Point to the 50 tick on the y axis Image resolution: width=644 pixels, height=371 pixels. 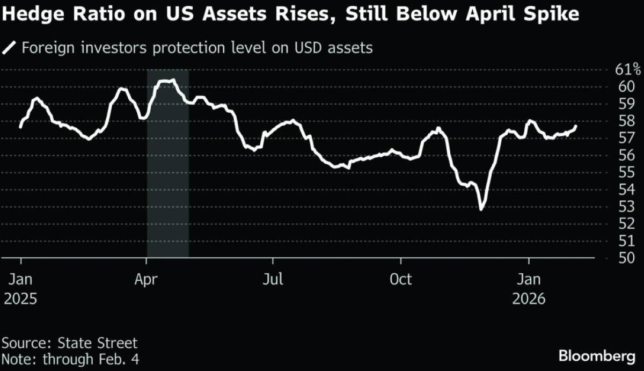pyautogui.click(x=622, y=258)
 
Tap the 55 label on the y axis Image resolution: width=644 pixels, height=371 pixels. pyautogui.click(x=622, y=172)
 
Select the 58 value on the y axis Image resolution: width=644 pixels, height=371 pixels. pyautogui.click(x=622, y=121)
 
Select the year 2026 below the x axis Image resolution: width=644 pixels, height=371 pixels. pyautogui.click(x=529, y=299)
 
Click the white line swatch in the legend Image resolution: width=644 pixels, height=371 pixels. pyautogui.click(x=10, y=48)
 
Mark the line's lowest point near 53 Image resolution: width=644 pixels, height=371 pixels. pyautogui.click(x=481, y=209)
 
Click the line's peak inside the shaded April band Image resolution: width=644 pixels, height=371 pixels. pyautogui.click(x=167, y=81)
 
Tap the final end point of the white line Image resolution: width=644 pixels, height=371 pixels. pyautogui.click(x=576, y=127)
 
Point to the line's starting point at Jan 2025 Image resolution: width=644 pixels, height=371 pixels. pyautogui.click(x=20, y=127)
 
